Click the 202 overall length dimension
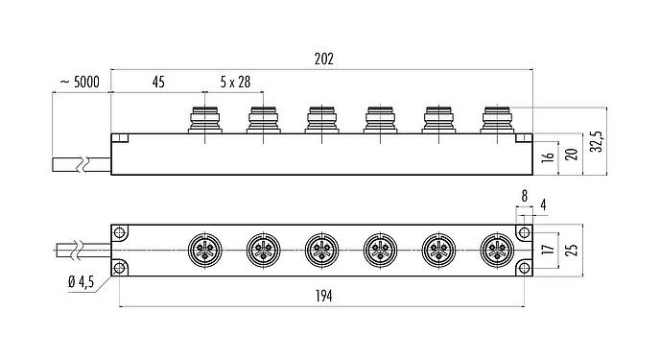[x=323, y=59]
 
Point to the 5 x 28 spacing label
[x=233, y=83]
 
